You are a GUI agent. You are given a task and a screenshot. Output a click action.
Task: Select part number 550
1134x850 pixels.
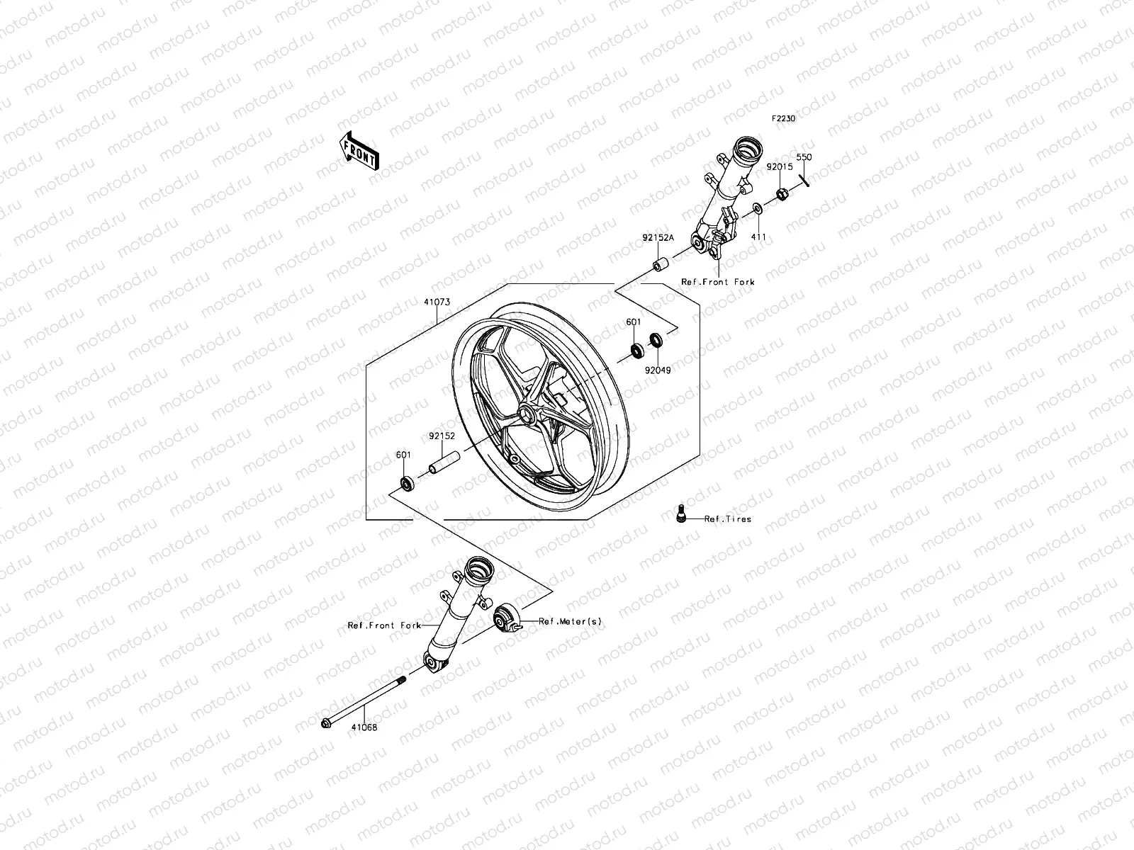[804, 157]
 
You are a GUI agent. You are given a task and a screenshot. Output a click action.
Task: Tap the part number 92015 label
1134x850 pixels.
[778, 167]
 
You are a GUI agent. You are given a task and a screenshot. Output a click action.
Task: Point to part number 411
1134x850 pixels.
[758, 236]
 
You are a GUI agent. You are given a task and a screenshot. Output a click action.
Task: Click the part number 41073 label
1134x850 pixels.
[437, 302]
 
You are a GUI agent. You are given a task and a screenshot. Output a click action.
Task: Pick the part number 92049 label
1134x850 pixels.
[658, 370]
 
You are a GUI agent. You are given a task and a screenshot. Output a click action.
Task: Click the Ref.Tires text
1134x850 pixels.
[728, 519]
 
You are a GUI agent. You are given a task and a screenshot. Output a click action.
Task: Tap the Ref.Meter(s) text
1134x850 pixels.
[570, 621]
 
